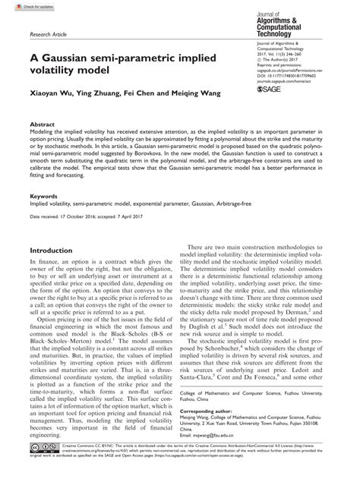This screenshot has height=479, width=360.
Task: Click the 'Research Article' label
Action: [x=51, y=33]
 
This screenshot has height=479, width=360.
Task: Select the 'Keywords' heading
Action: [x=44, y=196]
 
